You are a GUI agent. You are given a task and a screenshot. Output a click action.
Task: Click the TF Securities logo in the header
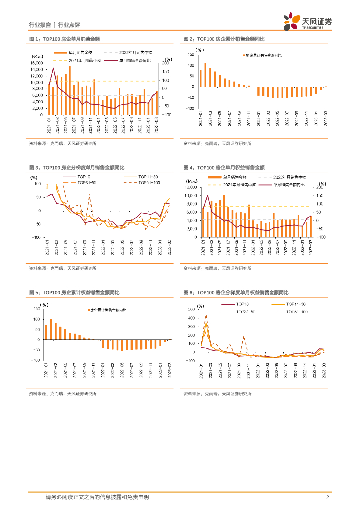[307, 21]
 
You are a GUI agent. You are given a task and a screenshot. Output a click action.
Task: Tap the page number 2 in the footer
[327, 497]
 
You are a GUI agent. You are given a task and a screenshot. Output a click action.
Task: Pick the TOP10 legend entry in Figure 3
[83, 177]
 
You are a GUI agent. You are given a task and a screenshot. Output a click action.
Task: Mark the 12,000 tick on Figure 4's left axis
[191, 187]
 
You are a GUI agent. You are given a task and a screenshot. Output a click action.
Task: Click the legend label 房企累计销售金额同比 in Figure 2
[264, 56]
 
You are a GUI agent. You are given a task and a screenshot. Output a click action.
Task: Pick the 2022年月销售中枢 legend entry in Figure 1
[129, 52]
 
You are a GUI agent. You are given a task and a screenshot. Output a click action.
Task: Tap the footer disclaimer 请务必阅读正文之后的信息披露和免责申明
[97, 497]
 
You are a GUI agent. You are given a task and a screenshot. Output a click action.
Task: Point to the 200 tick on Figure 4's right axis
[320, 187]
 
